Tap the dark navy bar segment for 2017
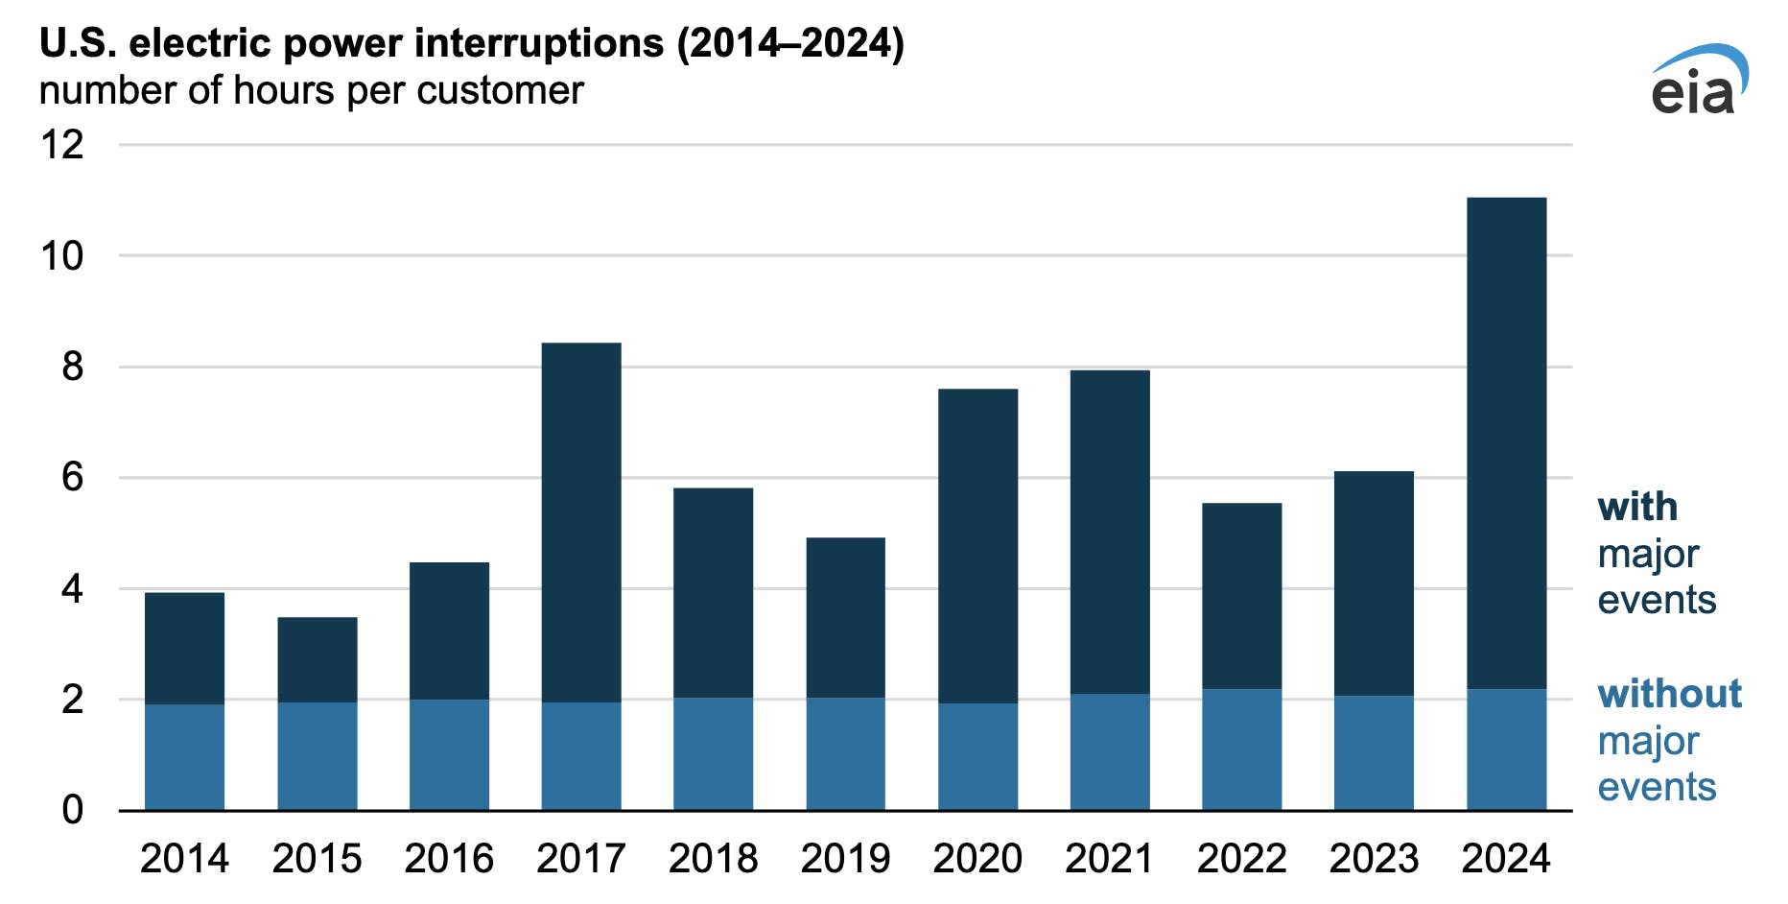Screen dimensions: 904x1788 580,523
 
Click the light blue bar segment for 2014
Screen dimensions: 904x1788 184,757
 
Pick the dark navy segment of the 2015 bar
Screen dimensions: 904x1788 317,659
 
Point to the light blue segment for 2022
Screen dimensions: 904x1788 1241,749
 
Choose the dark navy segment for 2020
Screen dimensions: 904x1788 977,546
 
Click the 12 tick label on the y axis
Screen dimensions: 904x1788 62,145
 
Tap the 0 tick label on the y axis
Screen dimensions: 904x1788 72,810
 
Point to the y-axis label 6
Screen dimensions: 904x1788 72,477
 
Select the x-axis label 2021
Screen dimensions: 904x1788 1109,858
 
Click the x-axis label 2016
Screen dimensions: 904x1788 448,858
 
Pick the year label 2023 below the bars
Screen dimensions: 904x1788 1373,858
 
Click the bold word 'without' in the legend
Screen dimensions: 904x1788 1669,693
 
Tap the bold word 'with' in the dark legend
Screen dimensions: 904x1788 1637,507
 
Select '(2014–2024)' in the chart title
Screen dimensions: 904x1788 790,43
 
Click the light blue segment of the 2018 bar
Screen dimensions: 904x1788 713,753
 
